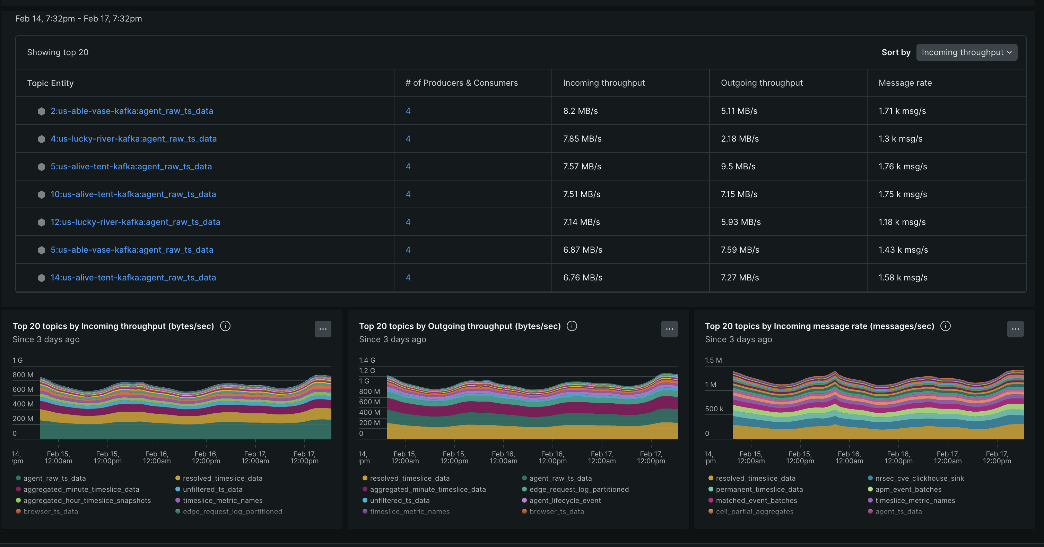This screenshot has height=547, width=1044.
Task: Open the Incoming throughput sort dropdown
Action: (x=966, y=52)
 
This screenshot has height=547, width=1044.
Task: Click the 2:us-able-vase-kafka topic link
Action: (x=132, y=111)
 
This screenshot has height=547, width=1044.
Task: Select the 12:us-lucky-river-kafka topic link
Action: (x=136, y=222)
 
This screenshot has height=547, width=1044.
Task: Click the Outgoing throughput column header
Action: (x=762, y=83)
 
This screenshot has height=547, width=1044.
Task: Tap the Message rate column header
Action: (x=905, y=83)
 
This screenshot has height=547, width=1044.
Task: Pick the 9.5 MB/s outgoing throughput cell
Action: (x=738, y=166)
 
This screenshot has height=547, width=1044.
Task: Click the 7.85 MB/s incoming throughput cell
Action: (x=582, y=139)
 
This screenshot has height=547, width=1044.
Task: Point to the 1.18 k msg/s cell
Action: (x=902, y=222)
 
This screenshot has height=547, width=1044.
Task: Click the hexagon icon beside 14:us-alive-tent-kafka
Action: (x=41, y=278)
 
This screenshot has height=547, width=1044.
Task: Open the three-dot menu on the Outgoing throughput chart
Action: (x=669, y=329)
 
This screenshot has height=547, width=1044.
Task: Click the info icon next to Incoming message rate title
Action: (x=945, y=326)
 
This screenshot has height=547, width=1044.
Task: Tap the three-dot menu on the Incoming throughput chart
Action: (x=323, y=329)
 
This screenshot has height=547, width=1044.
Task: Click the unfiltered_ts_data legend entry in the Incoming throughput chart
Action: (x=212, y=489)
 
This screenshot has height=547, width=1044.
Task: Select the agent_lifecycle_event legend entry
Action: (x=565, y=500)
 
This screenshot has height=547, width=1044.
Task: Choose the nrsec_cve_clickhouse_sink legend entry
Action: (x=919, y=478)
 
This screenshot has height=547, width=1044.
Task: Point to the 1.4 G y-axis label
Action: (x=367, y=360)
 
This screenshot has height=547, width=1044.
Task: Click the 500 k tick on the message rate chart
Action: (x=714, y=409)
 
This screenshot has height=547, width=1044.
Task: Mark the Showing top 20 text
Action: (x=58, y=52)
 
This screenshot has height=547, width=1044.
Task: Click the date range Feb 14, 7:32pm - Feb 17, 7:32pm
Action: (x=79, y=19)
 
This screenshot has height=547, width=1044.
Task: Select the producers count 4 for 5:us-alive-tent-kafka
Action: (x=408, y=166)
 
